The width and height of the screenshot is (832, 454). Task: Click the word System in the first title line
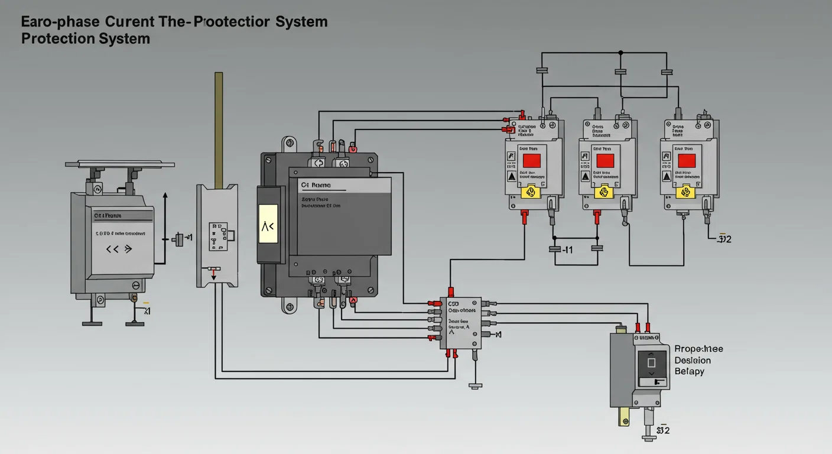300,22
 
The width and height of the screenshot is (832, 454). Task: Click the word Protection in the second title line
56,39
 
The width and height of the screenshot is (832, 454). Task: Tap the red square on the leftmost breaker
532,160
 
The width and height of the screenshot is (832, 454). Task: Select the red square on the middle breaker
606,160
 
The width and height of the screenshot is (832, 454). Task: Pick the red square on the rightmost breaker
686,160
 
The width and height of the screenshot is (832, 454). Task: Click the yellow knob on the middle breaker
604,192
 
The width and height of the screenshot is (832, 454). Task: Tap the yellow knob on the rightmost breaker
686,192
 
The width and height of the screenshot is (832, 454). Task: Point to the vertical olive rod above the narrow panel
219,127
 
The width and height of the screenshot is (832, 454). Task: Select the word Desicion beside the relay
693,360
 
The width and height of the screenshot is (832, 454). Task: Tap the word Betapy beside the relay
690,371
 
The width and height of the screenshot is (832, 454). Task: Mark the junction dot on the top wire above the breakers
620,53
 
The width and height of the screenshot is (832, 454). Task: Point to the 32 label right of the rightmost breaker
724,239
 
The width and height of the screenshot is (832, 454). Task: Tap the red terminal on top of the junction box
451,291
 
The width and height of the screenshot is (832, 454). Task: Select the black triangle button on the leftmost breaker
511,176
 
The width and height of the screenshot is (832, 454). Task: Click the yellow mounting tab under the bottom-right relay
622,416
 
